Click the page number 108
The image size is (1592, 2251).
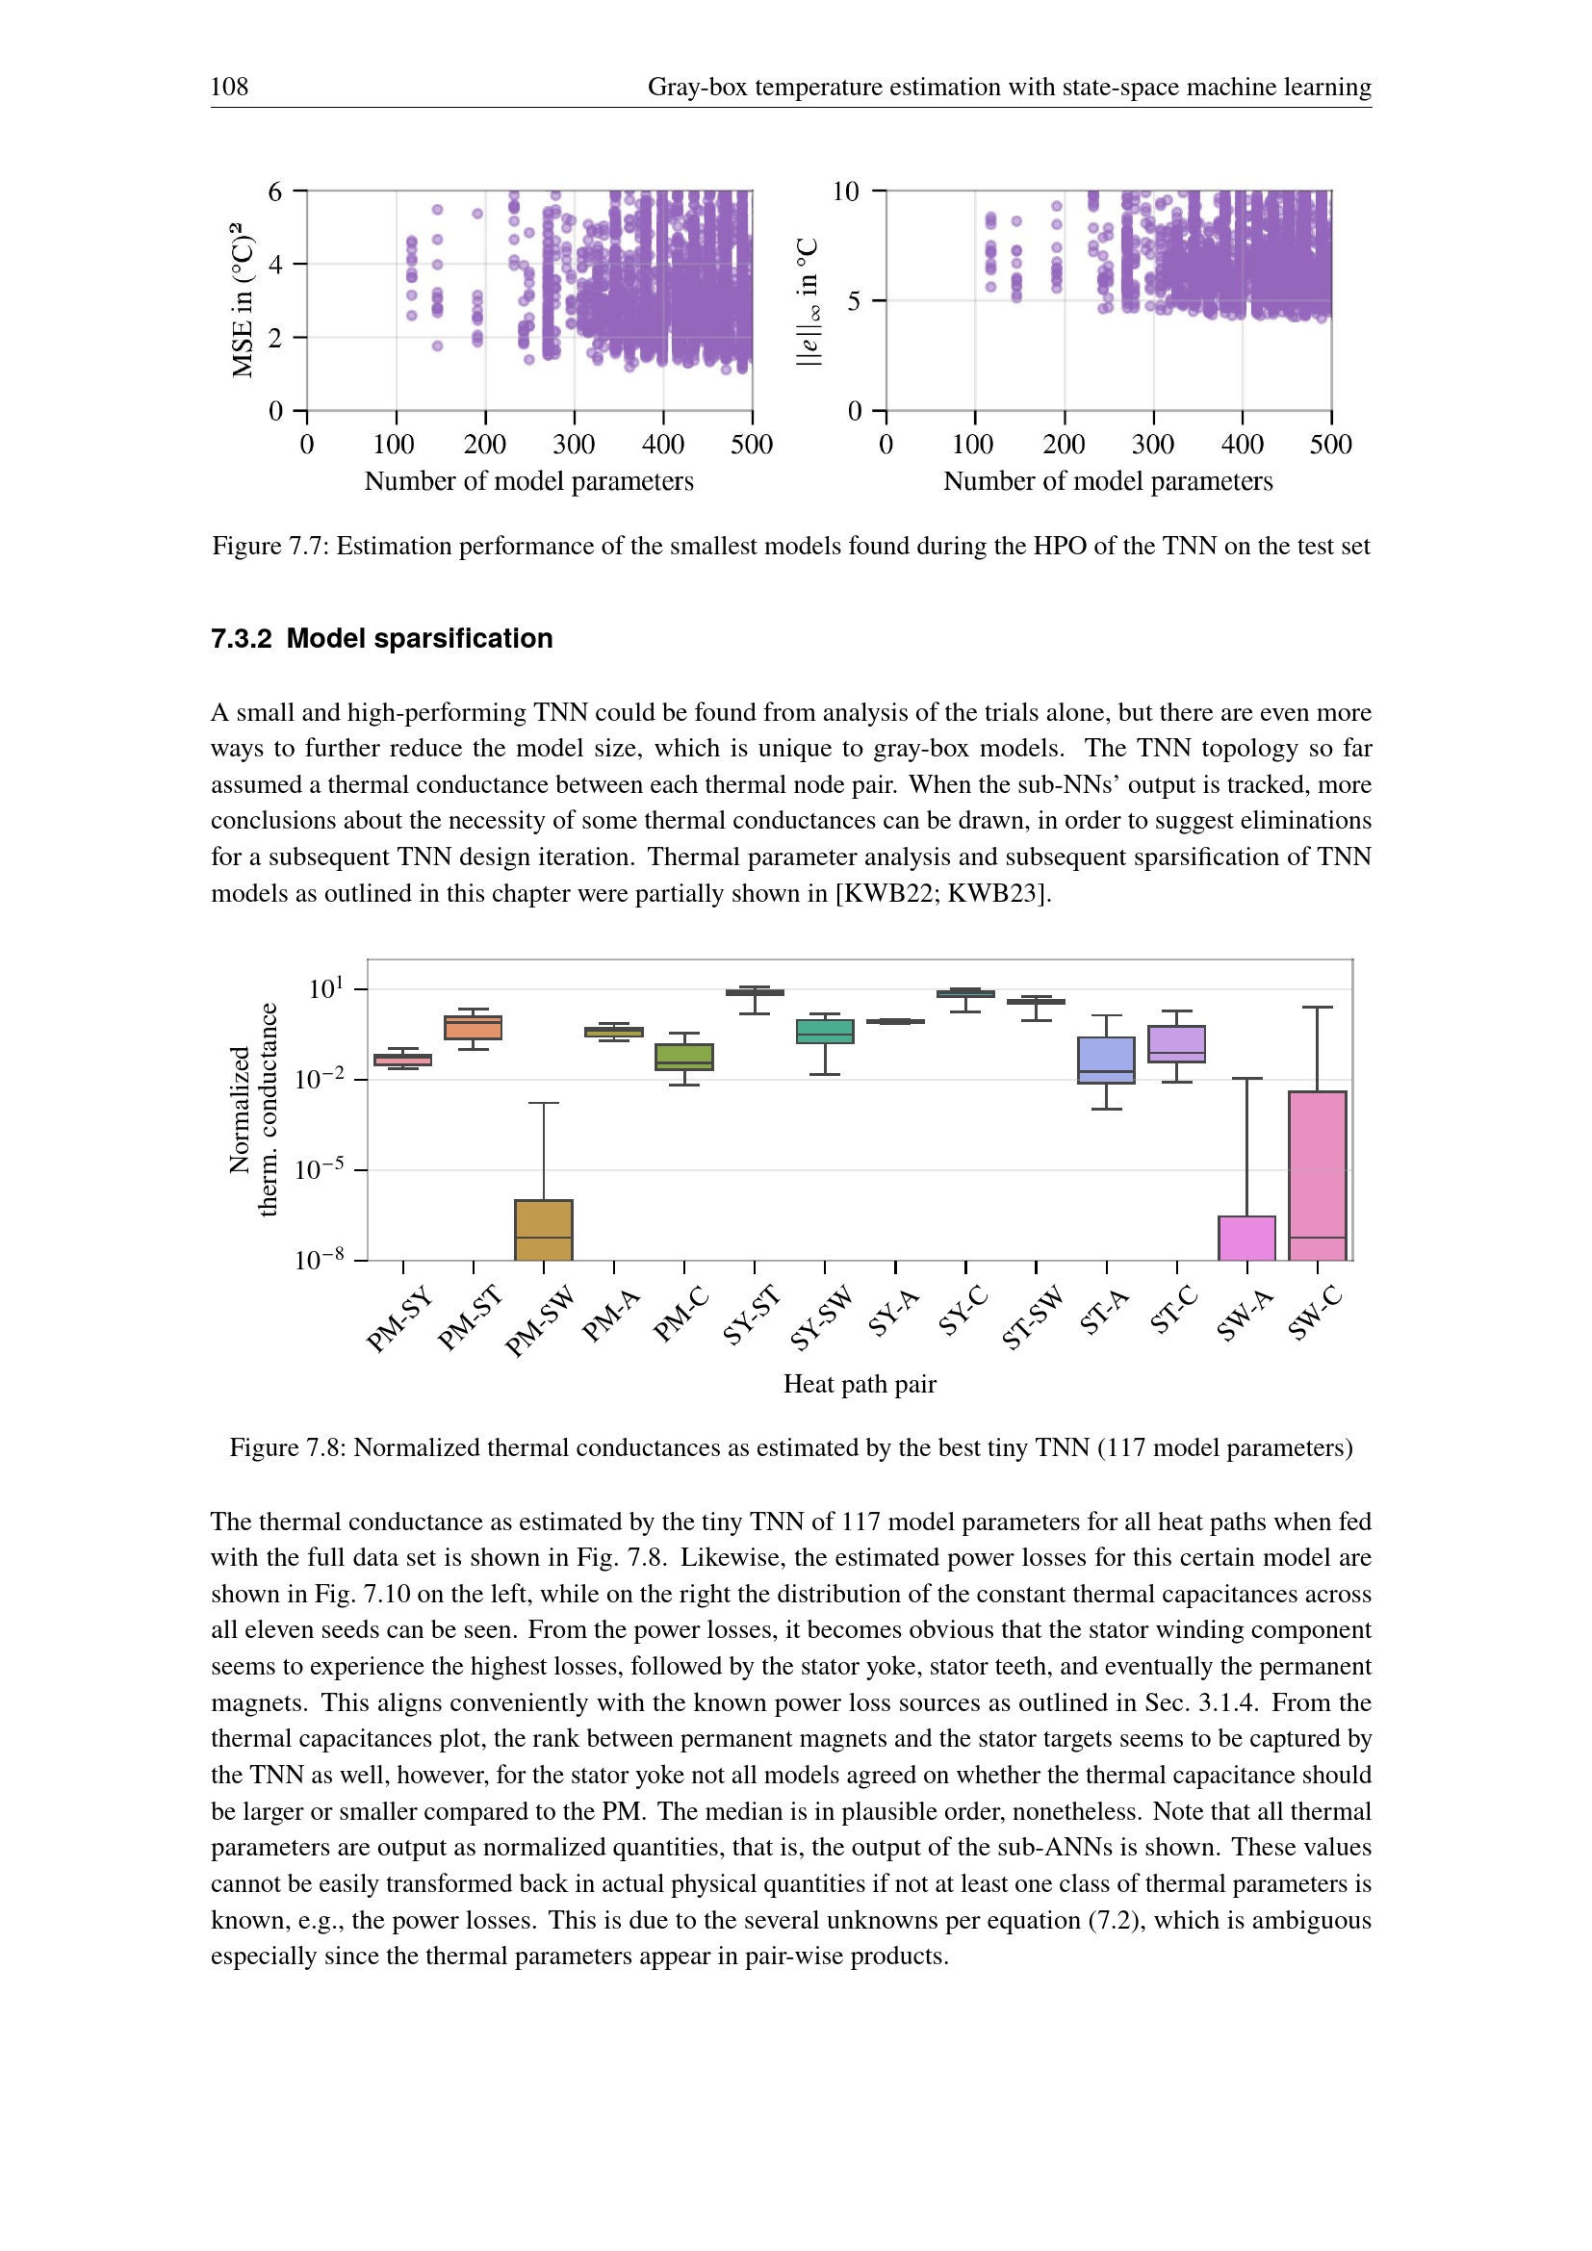point(229,88)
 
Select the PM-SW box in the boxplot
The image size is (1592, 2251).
point(543,1228)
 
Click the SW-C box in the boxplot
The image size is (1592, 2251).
point(1317,1174)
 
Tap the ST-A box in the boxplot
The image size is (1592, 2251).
point(1106,1060)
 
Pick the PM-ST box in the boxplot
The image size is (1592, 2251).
point(473,1028)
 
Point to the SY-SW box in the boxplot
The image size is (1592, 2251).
point(825,1032)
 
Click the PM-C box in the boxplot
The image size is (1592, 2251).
point(684,1057)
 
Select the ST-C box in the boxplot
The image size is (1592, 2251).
point(1176,1044)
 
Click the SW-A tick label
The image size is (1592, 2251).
point(1245,1315)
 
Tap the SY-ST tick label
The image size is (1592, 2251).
point(751,1316)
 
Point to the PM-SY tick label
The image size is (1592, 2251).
point(399,1320)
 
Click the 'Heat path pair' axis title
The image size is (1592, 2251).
point(860,1384)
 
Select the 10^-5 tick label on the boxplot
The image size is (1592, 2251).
point(320,1168)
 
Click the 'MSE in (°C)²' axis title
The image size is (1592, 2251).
point(243,300)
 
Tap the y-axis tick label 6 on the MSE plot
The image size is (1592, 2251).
point(275,192)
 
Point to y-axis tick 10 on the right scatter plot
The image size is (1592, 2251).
point(845,192)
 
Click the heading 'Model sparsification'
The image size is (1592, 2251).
point(420,638)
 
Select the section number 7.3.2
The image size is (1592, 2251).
point(242,638)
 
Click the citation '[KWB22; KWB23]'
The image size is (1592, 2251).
point(942,893)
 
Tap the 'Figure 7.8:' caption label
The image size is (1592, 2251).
point(287,1448)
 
